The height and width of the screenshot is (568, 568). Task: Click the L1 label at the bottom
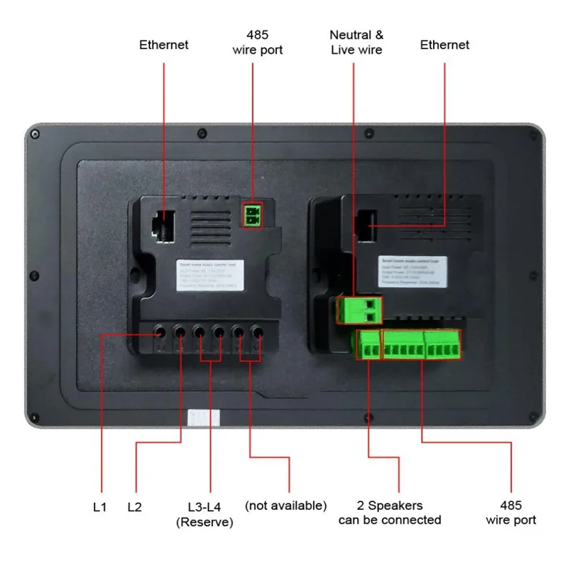pyautogui.click(x=99, y=507)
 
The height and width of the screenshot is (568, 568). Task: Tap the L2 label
pyautogui.click(x=135, y=507)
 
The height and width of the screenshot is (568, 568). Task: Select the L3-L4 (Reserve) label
pyautogui.click(x=204, y=514)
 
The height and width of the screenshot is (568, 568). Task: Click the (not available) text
pyautogui.click(x=285, y=506)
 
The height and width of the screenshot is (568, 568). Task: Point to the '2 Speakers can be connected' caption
pyautogui.click(x=389, y=513)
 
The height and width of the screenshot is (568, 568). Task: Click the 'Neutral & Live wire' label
pyautogui.click(x=356, y=42)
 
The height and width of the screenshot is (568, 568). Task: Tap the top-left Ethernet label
pyautogui.click(x=164, y=45)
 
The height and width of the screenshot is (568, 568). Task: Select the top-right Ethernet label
pyautogui.click(x=444, y=45)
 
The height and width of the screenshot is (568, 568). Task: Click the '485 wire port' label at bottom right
pyautogui.click(x=510, y=513)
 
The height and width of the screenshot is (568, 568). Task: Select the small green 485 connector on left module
pyautogui.click(x=252, y=215)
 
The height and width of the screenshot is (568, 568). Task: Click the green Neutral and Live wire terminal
pyautogui.click(x=359, y=310)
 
